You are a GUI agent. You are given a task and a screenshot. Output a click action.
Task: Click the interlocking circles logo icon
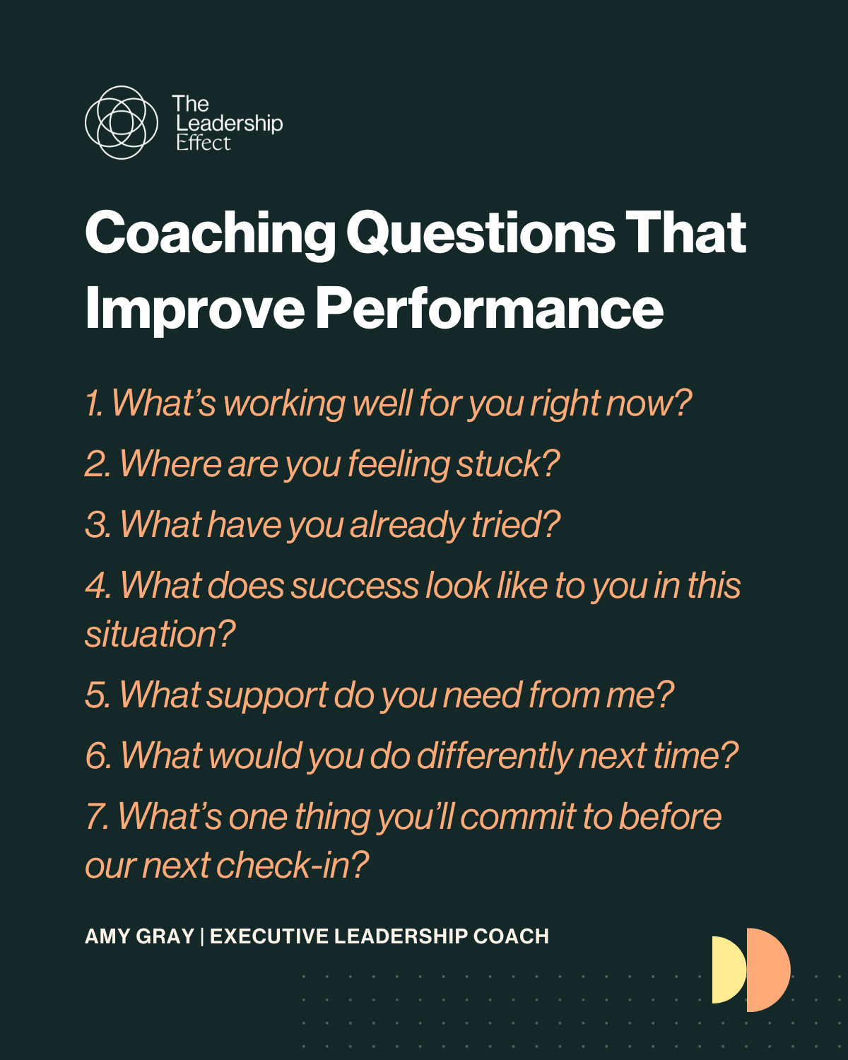[121, 122]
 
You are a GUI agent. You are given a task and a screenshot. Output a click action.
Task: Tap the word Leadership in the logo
[229, 124]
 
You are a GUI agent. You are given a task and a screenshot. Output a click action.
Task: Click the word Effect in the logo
[204, 143]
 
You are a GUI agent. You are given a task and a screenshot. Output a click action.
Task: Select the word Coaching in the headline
[210, 233]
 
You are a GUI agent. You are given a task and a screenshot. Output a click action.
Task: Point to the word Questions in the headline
[481, 233]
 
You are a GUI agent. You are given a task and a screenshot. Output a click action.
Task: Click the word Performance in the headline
[489, 309]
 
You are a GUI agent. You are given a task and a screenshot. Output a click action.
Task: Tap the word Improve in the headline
[194, 309]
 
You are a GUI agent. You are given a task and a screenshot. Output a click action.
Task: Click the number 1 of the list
[93, 404]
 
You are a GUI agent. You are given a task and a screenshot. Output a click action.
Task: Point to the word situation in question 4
[159, 634]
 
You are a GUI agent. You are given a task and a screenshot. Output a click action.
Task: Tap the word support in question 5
[267, 695]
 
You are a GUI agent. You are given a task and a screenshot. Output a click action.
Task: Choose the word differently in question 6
[494, 756]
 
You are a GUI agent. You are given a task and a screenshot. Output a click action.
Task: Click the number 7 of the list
[95, 817]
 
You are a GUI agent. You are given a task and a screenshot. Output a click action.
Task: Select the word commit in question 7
[517, 817]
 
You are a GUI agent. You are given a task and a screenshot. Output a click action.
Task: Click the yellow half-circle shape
[728, 970]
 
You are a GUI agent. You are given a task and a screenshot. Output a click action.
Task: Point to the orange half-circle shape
[768, 970]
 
